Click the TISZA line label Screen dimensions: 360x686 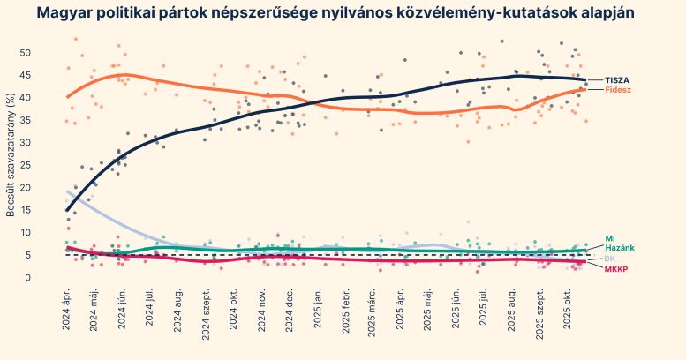coord(616,80)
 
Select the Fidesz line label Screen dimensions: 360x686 coord(617,90)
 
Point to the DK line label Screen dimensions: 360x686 coord(610,259)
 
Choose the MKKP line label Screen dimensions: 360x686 coord(616,268)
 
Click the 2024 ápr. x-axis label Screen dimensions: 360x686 coord(66,311)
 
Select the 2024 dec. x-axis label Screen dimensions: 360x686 coord(289,311)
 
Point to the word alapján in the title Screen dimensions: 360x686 coord(599,13)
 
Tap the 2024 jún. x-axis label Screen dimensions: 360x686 coord(121,311)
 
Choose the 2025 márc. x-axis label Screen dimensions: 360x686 coord(373,311)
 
